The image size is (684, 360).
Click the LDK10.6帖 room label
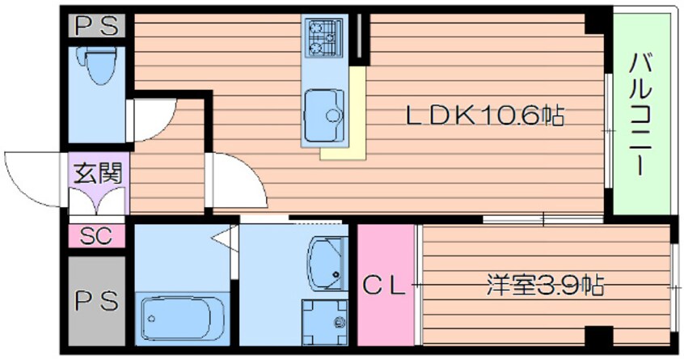(485, 116)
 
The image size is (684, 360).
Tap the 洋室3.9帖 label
(545, 285)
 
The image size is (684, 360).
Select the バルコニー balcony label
(640, 114)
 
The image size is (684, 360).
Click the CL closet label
(384, 286)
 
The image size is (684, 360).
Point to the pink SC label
(96, 236)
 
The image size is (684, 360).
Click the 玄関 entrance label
(97, 173)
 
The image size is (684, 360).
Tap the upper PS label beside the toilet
(97, 26)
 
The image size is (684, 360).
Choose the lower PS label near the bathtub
(96, 301)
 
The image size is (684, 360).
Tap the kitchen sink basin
(324, 115)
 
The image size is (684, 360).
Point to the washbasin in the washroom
(327, 263)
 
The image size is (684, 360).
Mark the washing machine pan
(324, 323)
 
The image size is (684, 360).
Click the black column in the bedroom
(599, 336)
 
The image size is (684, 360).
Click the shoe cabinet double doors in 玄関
(98, 201)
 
